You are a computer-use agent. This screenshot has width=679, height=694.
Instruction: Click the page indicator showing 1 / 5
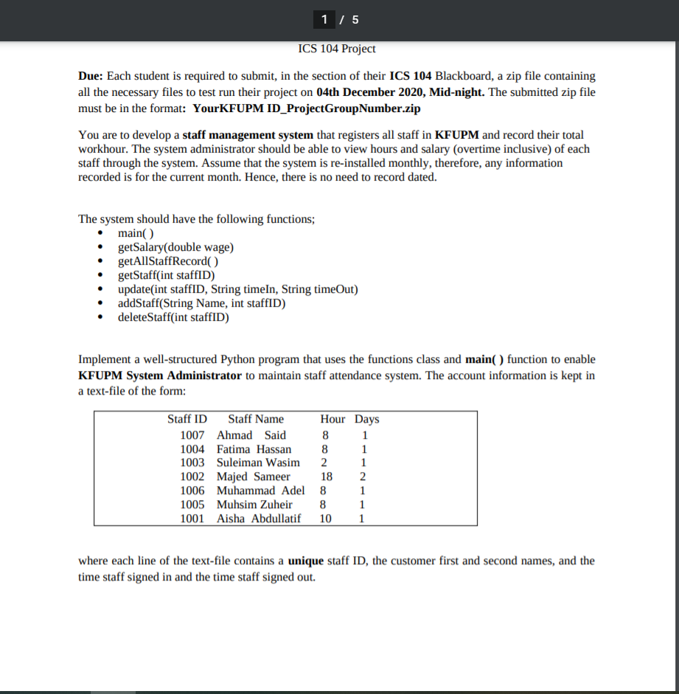[339, 20]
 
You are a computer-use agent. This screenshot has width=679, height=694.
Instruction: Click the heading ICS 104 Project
[337, 49]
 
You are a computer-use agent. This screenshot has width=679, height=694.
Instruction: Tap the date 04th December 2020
[364, 92]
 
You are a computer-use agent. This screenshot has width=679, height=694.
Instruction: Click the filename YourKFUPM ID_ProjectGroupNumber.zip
[306, 108]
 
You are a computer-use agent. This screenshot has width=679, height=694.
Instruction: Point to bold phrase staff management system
[248, 135]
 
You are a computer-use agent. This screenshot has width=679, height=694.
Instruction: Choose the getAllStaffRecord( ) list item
[168, 262]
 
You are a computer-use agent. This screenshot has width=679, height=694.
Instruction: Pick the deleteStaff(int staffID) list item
[173, 318]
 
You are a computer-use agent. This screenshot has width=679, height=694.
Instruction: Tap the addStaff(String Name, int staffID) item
[201, 304]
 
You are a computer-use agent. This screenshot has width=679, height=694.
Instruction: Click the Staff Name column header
[256, 419]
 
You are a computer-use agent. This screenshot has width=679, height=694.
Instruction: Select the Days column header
[366, 419]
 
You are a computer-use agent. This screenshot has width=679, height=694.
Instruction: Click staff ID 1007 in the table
[192, 435]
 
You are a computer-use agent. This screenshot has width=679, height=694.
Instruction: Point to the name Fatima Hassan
[254, 449]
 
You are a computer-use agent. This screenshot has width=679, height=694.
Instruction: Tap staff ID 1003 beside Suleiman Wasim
[192, 462]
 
